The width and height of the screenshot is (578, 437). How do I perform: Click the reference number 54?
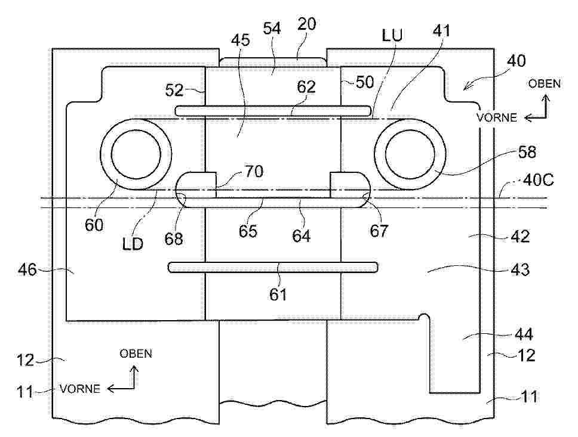pyautogui.click(x=272, y=29)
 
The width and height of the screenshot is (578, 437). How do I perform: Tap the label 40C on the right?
pyautogui.click(x=538, y=181)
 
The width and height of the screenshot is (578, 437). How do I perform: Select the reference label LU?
pyautogui.click(x=392, y=35)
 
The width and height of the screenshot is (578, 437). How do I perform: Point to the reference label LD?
pyautogui.click(x=133, y=244)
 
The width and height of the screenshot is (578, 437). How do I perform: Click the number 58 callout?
pyautogui.click(x=527, y=151)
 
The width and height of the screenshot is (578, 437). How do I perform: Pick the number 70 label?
pyautogui.click(x=254, y=172)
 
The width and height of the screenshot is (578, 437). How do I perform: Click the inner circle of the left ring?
pyautogui.click(x=136, y=154)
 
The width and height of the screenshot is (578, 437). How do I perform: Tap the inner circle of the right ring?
pyautogui.click(x=410, y=154)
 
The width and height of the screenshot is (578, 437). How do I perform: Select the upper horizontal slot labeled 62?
pyautogui.click(x=273, y=110)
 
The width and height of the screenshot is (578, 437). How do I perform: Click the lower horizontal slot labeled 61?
pyautogui.click(x=273, y=267)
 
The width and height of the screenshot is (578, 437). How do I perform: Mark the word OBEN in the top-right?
pyautogui.click(x=544, y=84)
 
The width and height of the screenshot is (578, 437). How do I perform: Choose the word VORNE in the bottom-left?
pyautogui.click(x=80, y=389)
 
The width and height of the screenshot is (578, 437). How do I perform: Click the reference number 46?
pyautogui.click(x=27, y=270)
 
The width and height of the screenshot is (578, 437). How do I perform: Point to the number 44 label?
pyautogui.click(x=524, y=334)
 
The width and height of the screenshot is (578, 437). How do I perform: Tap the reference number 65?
pyautogui.click(x=248, y=231)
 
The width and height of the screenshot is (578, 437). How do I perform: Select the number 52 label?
pyautogui.click(x=174, y=90)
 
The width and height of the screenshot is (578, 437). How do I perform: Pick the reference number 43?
pyautogui.click(x=520, y=269)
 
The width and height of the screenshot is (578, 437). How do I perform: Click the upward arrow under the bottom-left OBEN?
pyautogui.click(x=134, y=377)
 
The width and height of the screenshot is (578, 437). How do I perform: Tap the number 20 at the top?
pyautogui.click(x=307, y=24)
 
